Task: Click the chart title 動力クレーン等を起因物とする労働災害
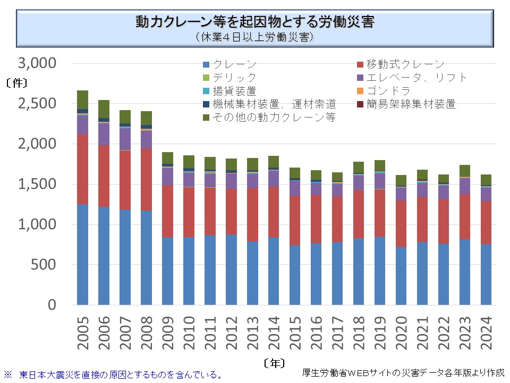click(x=254, y=22)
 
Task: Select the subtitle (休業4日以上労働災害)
click(x=254, y=37)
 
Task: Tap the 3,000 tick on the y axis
click(x=37, y=63)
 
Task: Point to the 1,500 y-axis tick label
click(x=37, y=184)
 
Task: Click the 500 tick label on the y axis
click(x=44, y=264)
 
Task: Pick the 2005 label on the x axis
click(x=83, y=334)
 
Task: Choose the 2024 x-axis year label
click(x=487, y=334)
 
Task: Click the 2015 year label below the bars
click(x=295, y=334)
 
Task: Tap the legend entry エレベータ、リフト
click(x=416, y=78)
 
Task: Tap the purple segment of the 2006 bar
click(x=104, y=134)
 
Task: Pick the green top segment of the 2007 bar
click(x=125, y=116)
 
